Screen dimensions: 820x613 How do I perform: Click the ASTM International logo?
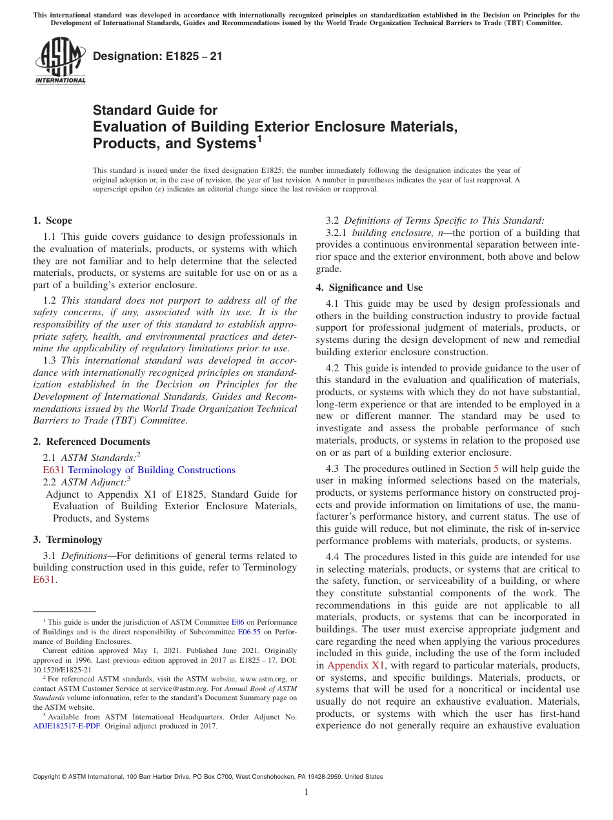tap(60, 61)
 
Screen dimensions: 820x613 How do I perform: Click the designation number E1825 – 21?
tap(157, 56)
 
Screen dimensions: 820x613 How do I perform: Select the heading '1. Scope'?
tap(53, 220)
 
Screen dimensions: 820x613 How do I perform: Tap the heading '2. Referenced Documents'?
tap(91, 442)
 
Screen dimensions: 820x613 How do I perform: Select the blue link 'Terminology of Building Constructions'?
tap(152, 470)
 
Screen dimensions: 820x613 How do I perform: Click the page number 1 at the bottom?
tap(306, 792)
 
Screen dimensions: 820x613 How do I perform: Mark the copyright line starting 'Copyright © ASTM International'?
tap(208, 777)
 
